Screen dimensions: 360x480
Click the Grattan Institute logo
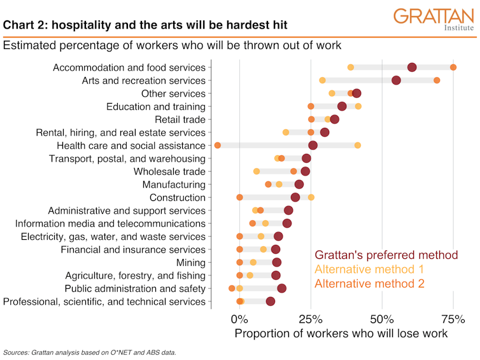click(x=434, y=19)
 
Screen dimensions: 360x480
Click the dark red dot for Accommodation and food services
click(x=412, y=67)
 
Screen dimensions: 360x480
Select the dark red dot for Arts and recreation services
click(x=396, y=80)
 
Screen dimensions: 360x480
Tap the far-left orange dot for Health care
click(x=218, y=146)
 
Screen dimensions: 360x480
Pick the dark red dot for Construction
click(x=295, y=198)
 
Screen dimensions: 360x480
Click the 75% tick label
click(x=453, y=318)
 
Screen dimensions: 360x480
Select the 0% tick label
click(x=239, y=318)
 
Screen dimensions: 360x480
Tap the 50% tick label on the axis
click(x=382, y=318)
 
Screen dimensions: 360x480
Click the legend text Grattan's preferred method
click(x=386, y=255)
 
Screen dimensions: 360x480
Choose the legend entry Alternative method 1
click(x=369, y=269)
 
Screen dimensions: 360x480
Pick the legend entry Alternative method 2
click(x=369, y=284)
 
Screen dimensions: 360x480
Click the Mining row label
click(x=190, y=263)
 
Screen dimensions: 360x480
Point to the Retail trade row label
click(x=180, y=120)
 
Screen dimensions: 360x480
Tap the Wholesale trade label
click(x=169, y=172)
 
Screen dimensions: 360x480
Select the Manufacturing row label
click(x=174, y=184)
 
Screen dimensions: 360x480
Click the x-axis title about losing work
click(x=341, y=333)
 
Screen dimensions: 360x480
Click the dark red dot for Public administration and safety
click(x=281, y=289)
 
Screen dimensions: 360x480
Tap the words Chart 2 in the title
click(x=24, y=25)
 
